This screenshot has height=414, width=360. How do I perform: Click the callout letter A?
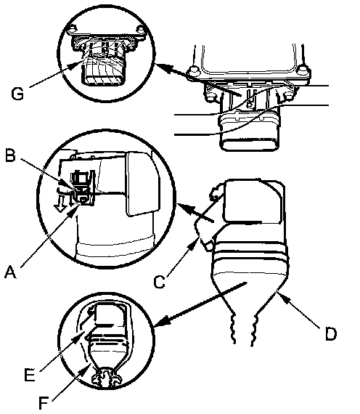click(10, 272)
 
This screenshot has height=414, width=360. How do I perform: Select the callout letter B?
click(11, 155)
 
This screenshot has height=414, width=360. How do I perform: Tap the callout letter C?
click(160, 282)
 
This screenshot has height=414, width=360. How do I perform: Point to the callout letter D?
click(331, 333)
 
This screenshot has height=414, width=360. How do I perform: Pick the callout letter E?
click(30, 374)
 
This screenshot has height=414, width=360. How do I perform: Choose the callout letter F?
click(44, 403)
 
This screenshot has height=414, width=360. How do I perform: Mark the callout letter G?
click(17, 94)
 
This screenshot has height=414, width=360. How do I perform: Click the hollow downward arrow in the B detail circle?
click(60, 204)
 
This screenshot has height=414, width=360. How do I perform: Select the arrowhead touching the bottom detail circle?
click(162, 321)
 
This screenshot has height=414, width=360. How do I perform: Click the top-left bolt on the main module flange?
click(194, 70)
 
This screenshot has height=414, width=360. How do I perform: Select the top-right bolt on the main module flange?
click(302, 70)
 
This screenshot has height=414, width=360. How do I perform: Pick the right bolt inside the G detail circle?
click(141, 28)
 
